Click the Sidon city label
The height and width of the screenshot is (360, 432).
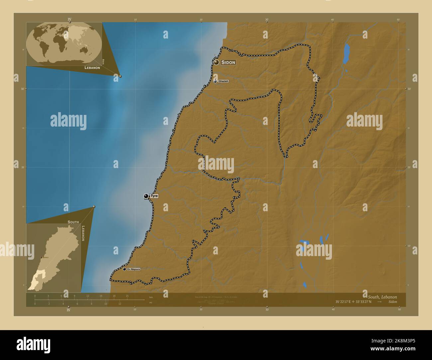pyautogui.click(x=228, y=62)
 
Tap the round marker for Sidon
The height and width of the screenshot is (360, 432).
pyautogui.click(x=216, y=62)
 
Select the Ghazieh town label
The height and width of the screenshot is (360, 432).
pyautogui.click(x=223, y=81)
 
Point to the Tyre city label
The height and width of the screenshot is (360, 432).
pyautogui.click(x=154, y=196)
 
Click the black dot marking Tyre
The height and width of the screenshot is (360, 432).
pyautogui.click(x=146, y=196)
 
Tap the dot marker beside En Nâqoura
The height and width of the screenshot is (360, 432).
pyautogui.click(x=124, y=269)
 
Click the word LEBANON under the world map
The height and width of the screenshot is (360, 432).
pyautogui.click(x=92, y=68)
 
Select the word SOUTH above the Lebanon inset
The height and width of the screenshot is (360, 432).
pyautogui.click(x=73, y=222)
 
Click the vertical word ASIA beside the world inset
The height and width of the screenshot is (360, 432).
pyautogui.click(x=103, y=61)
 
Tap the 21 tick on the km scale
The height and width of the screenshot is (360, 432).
pyautogui.click(x=127, y=296)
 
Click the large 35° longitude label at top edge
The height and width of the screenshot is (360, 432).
pyautogui.click(x=69, y=19)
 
